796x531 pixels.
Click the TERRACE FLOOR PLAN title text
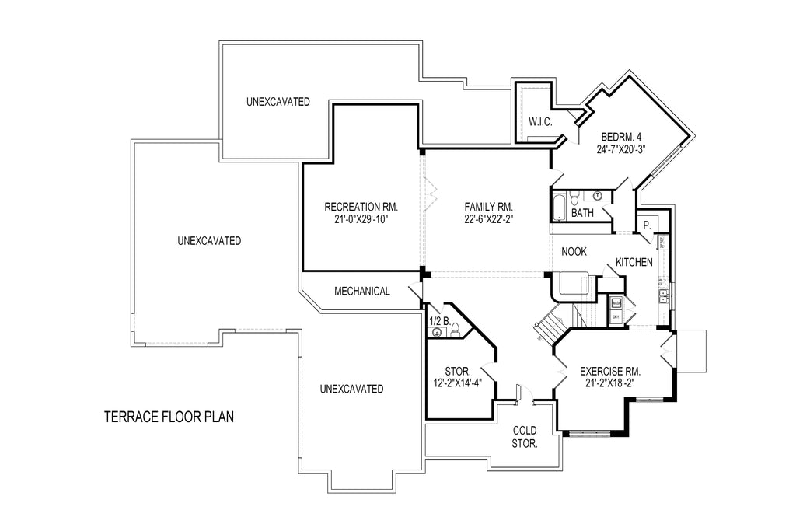pyautogui.click(x=169, y=417)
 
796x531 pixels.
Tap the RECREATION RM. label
pyautogui.click(x=361, y=207)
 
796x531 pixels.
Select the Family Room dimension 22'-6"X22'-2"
pyautogui.click(x=489, y=219)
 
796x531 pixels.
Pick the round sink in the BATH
pyautogui.click(x=598, y=195)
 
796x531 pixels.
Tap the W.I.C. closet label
pyautogui.click(x=540, y=121)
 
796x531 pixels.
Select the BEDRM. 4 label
pyautogui.click(x=622, y=137)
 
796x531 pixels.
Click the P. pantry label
pyautogui.click(x=646, y=225)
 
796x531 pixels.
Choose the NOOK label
pyautogui.click(x=574, y=251)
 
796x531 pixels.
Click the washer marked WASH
pyautogui.click(x=616, y=303)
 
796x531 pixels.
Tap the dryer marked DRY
pyautogui.click(x=616, y=317)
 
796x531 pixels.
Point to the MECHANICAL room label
pyautogui.click(x=361, y=292)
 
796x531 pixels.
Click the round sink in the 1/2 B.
pyautogui.click(x=437, y=332)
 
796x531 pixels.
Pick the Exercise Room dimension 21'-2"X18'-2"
pyautogui.click(x=612, y=382)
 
